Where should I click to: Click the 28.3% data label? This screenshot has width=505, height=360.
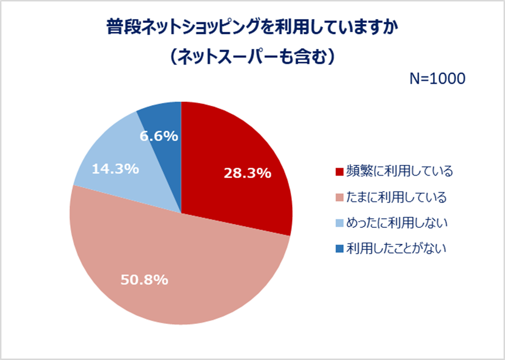pos(247,173)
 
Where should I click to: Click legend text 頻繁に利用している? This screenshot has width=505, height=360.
pos(399,171)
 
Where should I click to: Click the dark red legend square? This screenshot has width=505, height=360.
pos(339,172)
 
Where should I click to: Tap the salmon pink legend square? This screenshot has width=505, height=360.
pos(339,198)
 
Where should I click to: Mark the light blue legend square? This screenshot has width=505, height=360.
pos(339,223)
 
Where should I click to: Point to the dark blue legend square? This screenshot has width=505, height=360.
pos(339,249)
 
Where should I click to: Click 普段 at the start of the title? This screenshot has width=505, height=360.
pos(121,28)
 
